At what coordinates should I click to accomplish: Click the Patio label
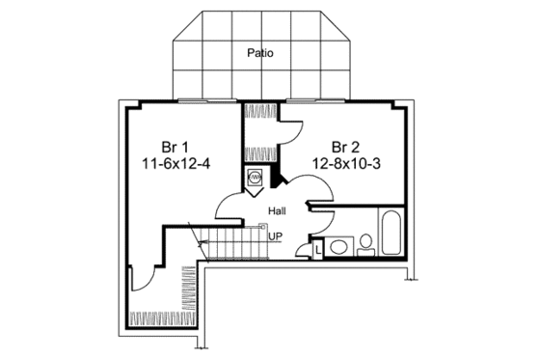(258, 53)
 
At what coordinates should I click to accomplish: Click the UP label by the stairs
(276, 235)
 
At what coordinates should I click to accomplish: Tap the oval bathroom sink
(338, 248)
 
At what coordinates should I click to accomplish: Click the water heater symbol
(256, 178)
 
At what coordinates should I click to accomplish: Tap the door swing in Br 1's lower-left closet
(143, 280)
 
